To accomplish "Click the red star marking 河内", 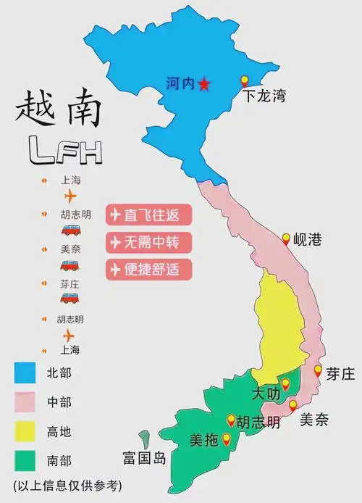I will pos(204,84).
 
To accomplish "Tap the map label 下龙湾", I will pos(264,95).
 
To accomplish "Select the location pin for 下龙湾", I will pos(245,81).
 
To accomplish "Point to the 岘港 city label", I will pos(307,240).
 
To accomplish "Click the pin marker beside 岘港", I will pos(286,238).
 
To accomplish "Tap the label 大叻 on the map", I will pos(264,394).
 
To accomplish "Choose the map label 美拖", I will pos(203,440).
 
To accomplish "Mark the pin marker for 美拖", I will pos(227,438).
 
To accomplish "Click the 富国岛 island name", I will pos(144,458).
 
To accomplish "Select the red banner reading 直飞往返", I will pos(150,215).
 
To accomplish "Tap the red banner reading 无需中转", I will pos(150,241).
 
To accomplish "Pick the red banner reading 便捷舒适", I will pos(150,269).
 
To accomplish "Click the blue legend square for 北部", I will pos(25,373).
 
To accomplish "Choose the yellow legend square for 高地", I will pos(25,432).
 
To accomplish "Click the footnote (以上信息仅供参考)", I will pos(67,485).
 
